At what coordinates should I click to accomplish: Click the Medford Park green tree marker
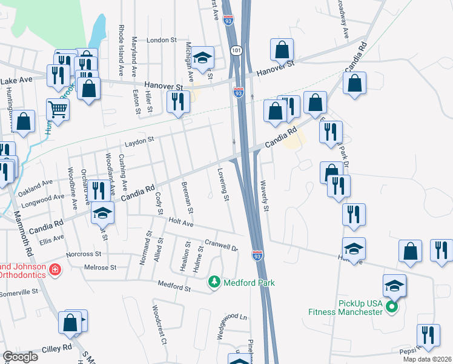(214, 283)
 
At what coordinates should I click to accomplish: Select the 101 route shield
(236, 52)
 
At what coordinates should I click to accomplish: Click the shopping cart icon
(58, 110)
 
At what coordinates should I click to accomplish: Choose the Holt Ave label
(180, 223)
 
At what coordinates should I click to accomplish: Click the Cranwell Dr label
(223, 244)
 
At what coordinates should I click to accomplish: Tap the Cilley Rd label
(57, 348)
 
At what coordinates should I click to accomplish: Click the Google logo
(20, 357)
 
